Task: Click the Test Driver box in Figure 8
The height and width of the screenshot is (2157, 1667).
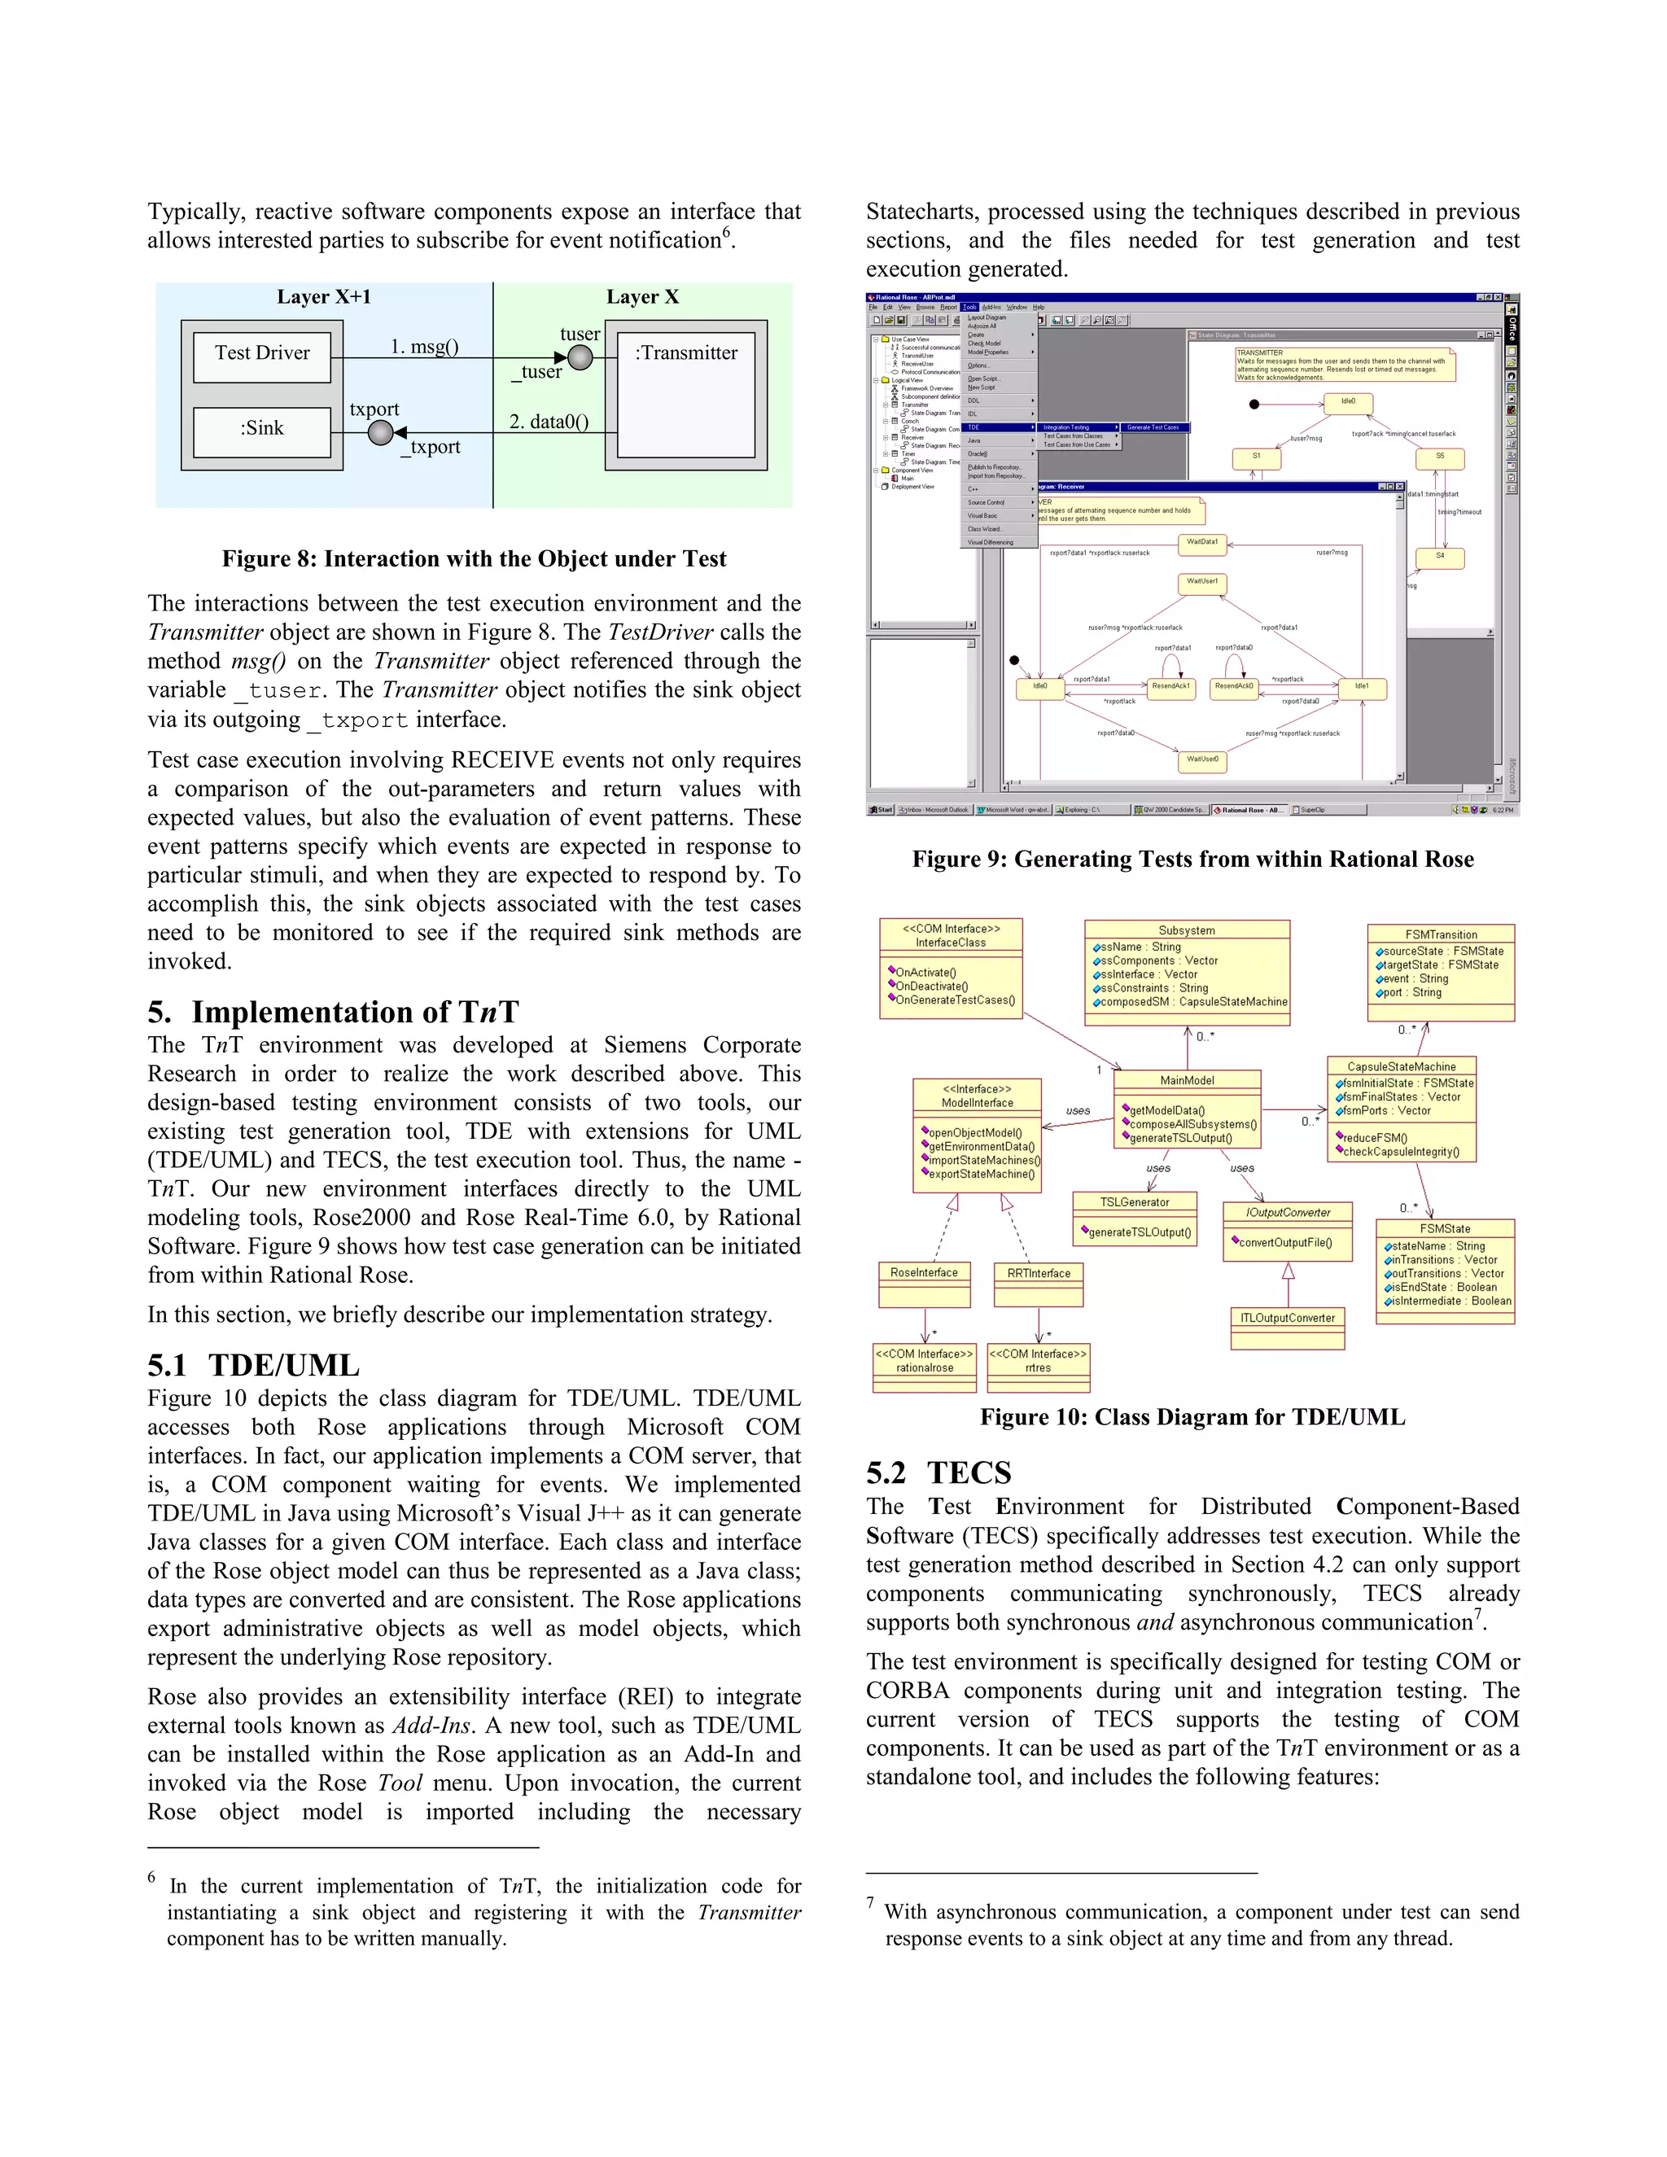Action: pyautogui.click(x=262, y=353)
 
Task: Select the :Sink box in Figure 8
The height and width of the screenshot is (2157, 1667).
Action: pyautogui.click(x=262, y=429)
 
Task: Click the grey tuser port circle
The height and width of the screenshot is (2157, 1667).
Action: pyautogui.click(x=580, y=357)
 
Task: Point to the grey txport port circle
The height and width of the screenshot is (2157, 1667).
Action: pyautogui.click(x=380, y=432)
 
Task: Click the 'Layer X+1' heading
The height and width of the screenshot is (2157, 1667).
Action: pyautogui.click(x=323, y=297)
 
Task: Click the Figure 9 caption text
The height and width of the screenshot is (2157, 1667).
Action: pyautogui.click(x=1192, y=860)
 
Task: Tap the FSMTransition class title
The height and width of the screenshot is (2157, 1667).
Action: pyautogui.click(x=1440, y=934)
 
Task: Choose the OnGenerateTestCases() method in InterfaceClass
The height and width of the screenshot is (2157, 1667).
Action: pyautogui.click(x=954, y=1000)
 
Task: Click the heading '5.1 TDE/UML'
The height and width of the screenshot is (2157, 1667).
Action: pyautogui.click(x=254, y=1366)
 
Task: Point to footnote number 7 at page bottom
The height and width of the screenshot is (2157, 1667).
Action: pyautogui.click(x=870, y=1902)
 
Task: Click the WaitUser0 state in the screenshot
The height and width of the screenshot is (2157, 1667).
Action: pyautogui.click(x=1202, y=759)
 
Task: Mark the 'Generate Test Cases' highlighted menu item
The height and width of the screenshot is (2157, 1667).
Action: pyautogui.click(x=1153, y=427)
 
